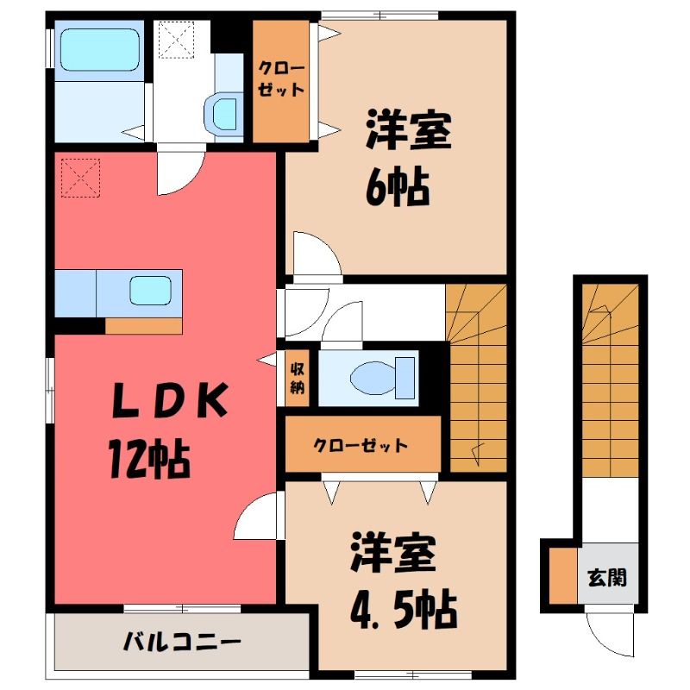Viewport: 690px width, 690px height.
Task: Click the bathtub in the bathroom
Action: (x=100, y=50)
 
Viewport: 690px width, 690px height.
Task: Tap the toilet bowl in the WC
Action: (x=373, y=378)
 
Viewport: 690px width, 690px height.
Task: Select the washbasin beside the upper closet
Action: (x=224, y=114)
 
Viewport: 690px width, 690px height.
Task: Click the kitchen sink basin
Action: (x=150, y=290)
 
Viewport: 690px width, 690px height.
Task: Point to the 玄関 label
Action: (x=607, y=577)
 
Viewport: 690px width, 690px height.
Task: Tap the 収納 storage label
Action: (x=297, y=378)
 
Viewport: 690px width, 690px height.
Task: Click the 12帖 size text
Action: (x=149, y=460)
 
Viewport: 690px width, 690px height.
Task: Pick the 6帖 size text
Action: (x=398, y=186)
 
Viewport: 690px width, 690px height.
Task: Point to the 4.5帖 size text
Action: (x=404, y=610)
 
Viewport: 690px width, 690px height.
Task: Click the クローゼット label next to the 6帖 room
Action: (x=281, y=79)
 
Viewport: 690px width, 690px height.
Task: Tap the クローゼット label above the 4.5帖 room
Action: (x=361, y=446)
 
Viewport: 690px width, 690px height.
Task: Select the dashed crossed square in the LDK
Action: (x=80, y=178)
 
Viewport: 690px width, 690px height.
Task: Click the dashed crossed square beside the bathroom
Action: (x=176, y=40)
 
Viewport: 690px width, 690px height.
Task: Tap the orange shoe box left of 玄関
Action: (x=563, y=575)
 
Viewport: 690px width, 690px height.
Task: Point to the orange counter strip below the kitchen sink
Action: (x=143, y=326)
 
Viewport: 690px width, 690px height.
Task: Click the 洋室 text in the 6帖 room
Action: (x=409, y=130)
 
